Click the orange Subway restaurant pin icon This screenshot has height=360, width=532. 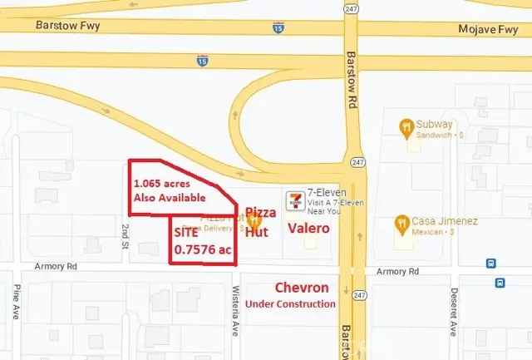406,127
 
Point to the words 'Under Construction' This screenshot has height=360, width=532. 286,304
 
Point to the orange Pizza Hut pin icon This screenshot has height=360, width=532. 259,222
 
